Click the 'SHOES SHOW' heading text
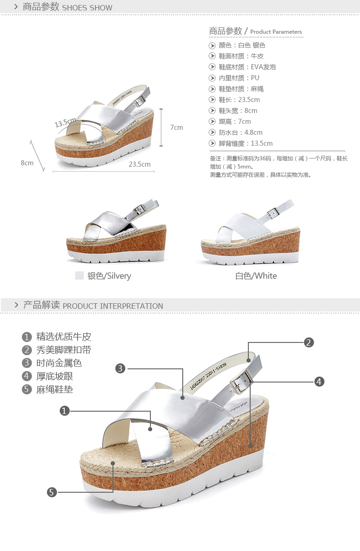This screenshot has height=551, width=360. pos(87,7)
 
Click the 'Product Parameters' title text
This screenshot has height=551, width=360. pos(276,32)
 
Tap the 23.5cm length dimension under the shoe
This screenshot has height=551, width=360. pos(139,164)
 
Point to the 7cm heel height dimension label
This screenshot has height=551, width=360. pos(176,128)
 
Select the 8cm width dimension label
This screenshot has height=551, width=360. pos(27,163)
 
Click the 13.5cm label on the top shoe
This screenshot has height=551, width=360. pos(65,122)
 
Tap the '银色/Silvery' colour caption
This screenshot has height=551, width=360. pos(109,276)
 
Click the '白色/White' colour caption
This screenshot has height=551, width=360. pos(256,276)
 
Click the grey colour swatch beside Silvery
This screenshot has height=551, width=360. pos(80,275)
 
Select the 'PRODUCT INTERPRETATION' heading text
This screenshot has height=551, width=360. pos(113,306)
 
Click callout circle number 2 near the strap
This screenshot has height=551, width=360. pos(309,342)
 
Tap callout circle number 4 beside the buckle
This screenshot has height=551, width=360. pos(319,382)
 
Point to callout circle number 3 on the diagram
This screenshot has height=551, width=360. pos(120,368)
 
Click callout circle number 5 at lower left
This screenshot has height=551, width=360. pos(52,492)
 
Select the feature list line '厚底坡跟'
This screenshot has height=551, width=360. pos(55,376)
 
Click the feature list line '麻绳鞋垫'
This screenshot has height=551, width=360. pos(55,389)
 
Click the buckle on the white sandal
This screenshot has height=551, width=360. pos(272,212)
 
